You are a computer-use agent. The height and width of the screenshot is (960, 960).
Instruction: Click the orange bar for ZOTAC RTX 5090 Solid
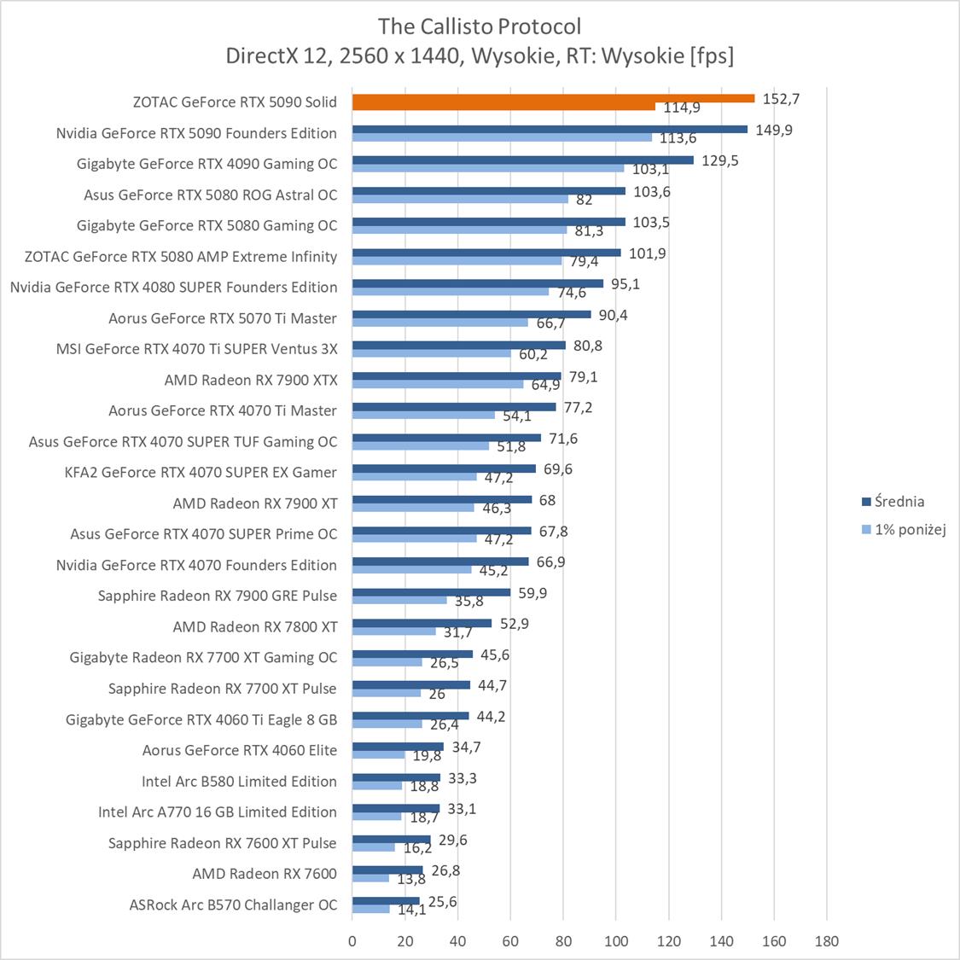tap(553, 98)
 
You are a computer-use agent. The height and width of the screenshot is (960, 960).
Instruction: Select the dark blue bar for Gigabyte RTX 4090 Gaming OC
tap(522, 160)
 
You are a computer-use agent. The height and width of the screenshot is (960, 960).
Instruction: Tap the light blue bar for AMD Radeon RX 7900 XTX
tap(438, 384)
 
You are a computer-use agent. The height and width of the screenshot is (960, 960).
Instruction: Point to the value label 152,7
tap(780, 98)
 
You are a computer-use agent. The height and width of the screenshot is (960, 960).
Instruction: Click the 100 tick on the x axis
tap(616, 942)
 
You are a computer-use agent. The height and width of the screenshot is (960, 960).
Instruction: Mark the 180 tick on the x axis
tap(827, 942)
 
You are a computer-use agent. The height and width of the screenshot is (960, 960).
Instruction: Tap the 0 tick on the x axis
tap(352, 942)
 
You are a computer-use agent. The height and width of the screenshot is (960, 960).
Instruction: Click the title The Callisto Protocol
tap(480, 26)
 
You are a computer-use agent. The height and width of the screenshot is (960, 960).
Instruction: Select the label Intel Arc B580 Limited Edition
tap(240, 781)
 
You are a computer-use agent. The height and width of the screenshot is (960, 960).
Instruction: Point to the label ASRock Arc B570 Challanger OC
tap(234, 905)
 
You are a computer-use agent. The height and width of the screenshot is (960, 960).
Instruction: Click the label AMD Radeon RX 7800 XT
tap(255, 626)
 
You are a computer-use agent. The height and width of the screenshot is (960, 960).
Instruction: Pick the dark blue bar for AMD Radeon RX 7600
tap(387, 870)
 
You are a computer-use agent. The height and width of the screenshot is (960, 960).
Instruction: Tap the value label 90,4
tap(613, 315)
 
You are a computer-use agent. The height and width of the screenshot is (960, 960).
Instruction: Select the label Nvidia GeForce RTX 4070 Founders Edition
tap(196, 565)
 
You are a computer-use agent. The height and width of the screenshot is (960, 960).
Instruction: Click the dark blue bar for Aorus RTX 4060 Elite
tap(398, 747)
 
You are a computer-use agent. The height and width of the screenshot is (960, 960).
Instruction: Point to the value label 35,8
tap(468, 602)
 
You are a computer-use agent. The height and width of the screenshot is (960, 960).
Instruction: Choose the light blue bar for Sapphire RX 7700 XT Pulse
tap(387, 693)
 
